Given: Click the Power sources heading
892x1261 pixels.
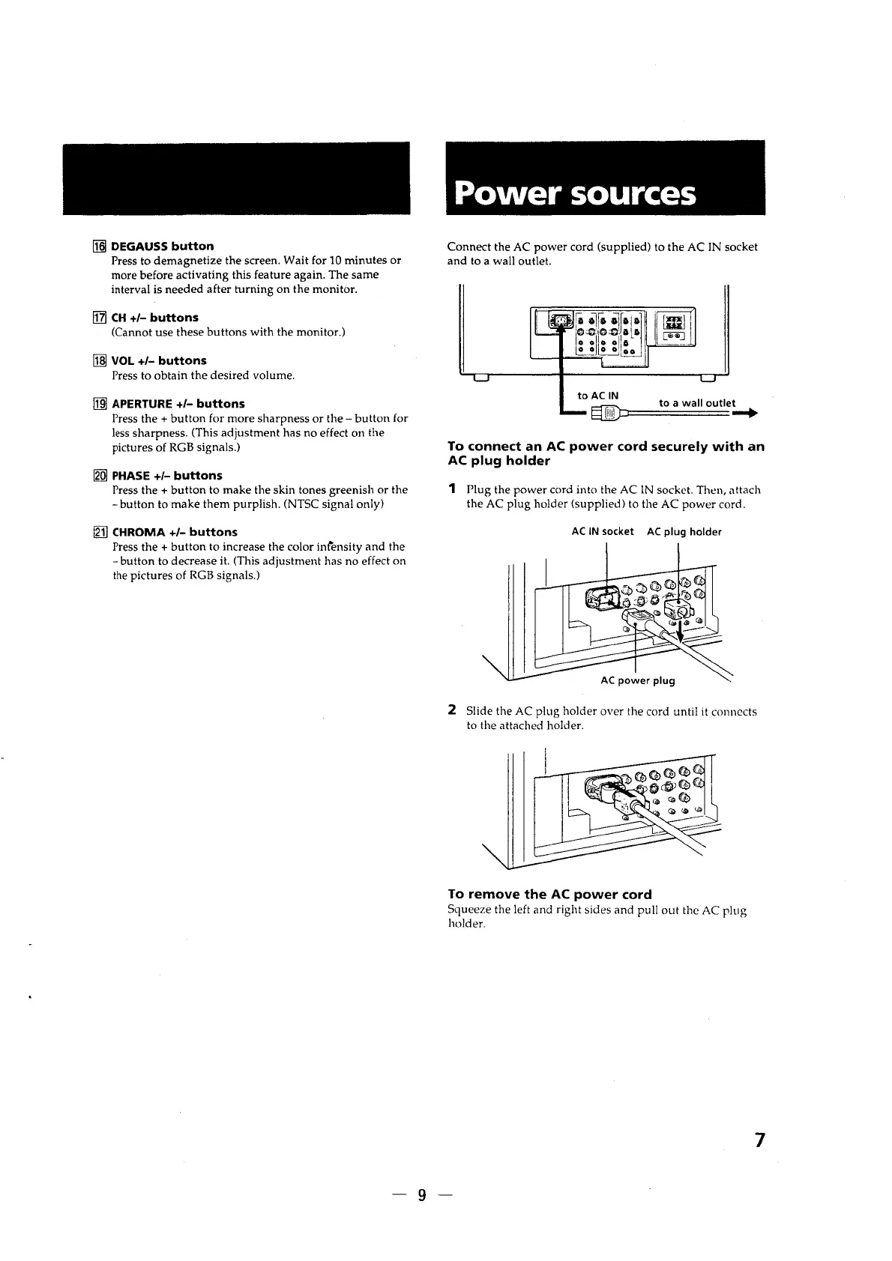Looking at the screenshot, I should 576,194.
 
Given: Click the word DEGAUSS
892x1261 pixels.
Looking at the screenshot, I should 139,247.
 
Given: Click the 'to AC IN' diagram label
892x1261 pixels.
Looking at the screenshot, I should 598,396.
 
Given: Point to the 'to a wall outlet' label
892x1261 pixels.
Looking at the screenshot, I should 697,403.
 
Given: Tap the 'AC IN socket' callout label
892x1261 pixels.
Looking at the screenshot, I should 603,532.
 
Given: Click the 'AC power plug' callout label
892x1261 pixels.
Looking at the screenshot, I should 638,681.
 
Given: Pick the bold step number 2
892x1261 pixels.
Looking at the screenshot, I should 452,709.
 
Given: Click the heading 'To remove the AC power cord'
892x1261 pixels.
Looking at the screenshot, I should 549,895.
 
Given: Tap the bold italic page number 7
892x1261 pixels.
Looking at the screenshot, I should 759,1141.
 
